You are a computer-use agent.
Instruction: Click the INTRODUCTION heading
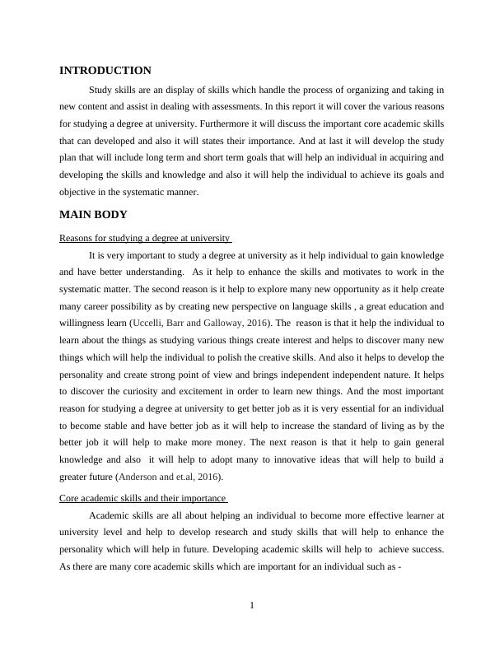105,71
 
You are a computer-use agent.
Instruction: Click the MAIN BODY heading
93,215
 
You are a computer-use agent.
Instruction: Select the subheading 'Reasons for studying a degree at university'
145,239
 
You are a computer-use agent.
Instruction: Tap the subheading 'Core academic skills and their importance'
142,498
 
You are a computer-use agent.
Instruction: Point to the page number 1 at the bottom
252,606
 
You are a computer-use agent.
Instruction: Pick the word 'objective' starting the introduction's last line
77,192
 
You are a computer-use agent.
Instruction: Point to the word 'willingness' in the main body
82,324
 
